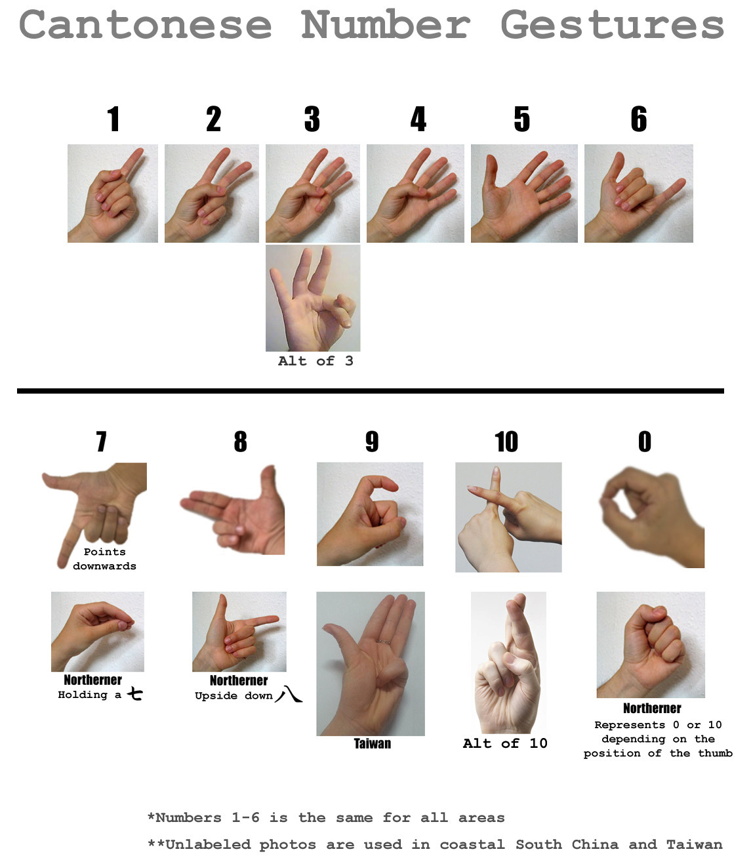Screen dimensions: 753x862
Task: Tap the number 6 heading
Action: (x=638, y=119)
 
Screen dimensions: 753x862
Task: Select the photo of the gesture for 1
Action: (x=113, y=194)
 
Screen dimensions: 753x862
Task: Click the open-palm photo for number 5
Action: (x=524, y=194)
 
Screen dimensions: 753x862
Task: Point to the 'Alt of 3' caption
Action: (x=315, y=361)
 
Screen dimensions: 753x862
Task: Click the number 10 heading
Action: (x=506, y=441)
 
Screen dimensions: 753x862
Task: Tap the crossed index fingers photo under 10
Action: (x=508, y=517)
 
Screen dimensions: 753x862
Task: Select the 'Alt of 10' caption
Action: (x=505, y=743)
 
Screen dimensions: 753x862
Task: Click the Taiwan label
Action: (x=373, y=744)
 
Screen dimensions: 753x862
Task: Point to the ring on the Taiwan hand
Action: (x=383, y=642)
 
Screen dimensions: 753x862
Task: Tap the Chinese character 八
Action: (x=289, y=694)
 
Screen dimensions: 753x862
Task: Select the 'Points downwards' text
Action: (x=104, y=559)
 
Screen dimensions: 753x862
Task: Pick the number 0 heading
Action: (x=644, y=441)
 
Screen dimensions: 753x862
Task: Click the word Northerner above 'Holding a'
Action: (x=92, y=680)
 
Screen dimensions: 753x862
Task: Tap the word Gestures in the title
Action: (x=613, y=26)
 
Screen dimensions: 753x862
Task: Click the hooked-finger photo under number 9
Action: (x=370, y=514)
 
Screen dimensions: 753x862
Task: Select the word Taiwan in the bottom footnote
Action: (x=695, y=844)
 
